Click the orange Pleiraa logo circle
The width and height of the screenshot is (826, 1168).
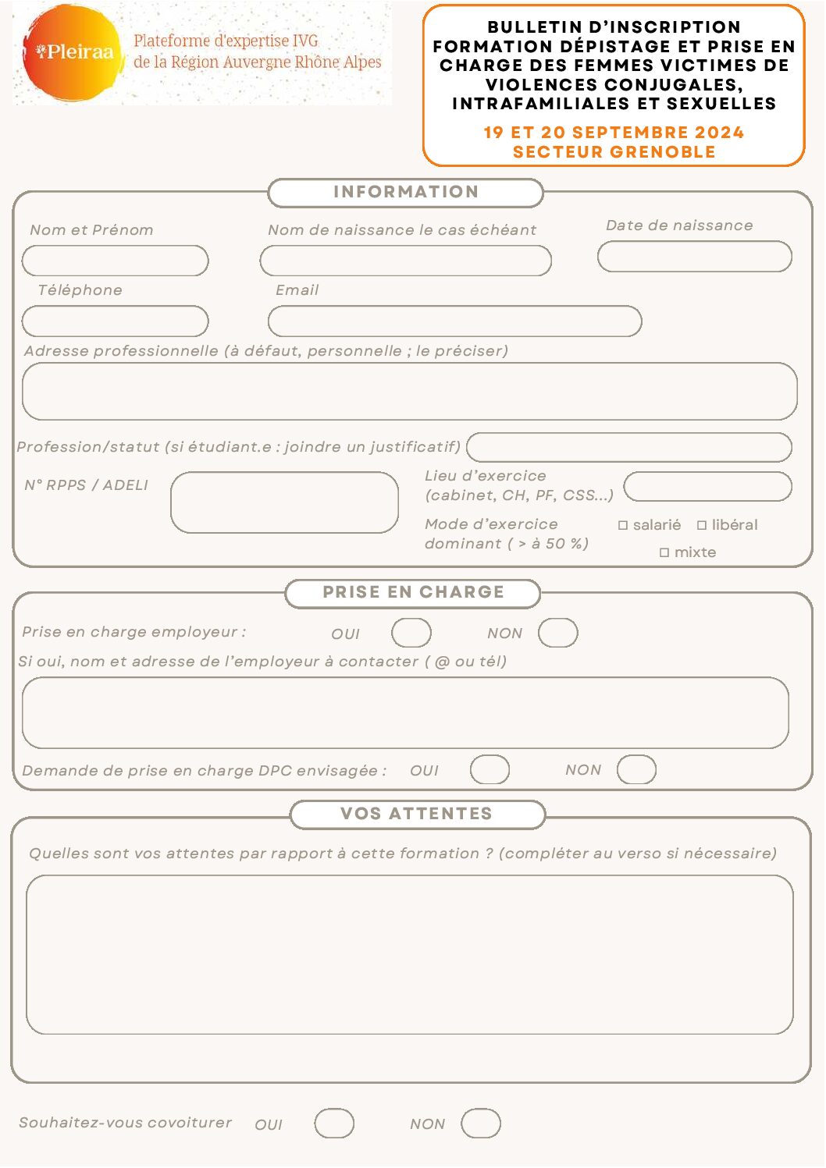tap(73, 53)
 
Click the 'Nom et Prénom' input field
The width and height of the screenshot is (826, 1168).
tap(116, 261)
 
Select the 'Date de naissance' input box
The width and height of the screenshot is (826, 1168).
tap(694, 257)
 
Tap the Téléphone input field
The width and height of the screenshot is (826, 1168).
tap(116, 321)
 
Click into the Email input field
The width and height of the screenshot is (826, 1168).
tap(454, 321)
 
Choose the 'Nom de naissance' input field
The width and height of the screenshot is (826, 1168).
tap(405, 261)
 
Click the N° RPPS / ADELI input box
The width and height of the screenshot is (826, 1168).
tap(284, 502)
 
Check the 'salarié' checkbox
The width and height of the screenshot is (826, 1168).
tap(623, 526)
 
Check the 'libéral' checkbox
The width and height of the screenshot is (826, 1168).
tap(702, 526)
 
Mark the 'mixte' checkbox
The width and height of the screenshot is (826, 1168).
tap(664, 552)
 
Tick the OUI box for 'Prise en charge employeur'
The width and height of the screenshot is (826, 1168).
tap(411, 633)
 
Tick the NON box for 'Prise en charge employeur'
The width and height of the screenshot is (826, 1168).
tap(557, 633)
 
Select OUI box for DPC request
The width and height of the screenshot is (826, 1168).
tap(490, 769)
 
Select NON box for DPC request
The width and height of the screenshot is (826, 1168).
tap(636, 769)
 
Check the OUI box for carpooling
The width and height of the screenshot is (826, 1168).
tap(334, 1124)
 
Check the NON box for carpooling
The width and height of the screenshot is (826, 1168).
tap(480, 1124)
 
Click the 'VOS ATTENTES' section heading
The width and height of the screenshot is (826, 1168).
tap(417, 814)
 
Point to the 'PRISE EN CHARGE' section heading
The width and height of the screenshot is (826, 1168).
tap(413, 592)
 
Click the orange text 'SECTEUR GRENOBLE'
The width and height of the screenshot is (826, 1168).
tap(614, 152)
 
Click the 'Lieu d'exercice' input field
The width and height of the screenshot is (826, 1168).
tap(707, 486)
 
